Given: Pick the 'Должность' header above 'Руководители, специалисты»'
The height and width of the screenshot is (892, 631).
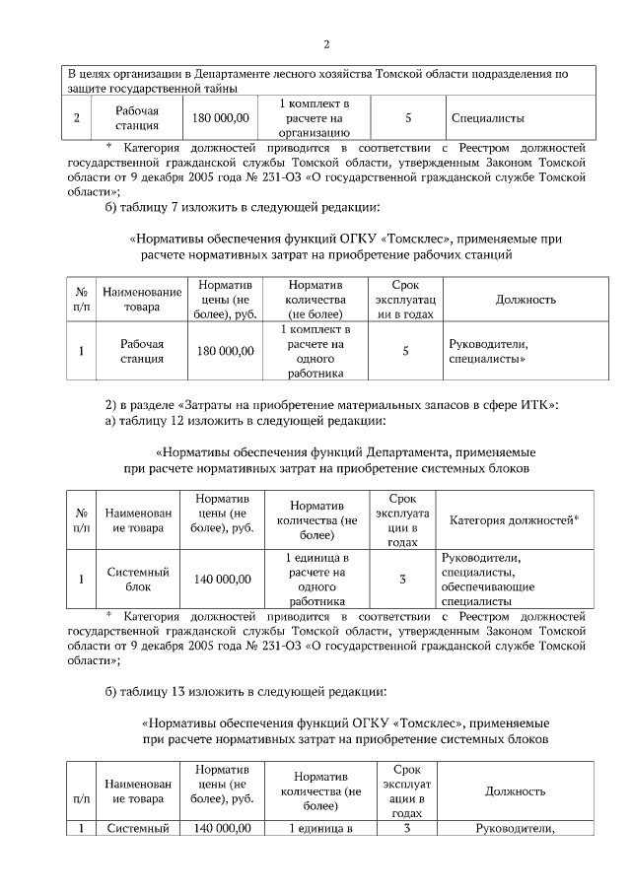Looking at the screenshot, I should click(x=526, y=300).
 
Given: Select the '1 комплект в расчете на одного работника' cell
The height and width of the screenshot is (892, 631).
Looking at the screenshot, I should click(x=315, y=352).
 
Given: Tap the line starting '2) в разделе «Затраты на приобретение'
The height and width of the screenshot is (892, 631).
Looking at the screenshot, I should click(x=332, y=405).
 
